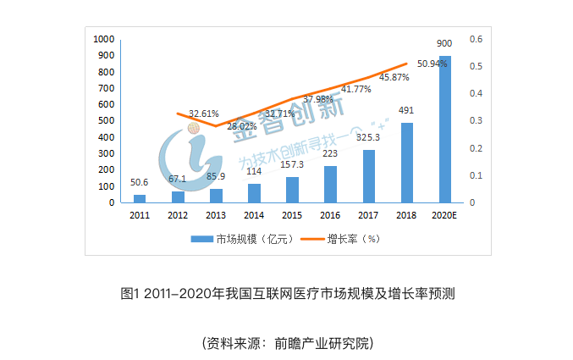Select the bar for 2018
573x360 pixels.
[406, 163]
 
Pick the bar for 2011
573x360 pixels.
[140, 198]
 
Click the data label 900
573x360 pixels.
[444, 43]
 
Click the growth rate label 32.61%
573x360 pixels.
[204, 113]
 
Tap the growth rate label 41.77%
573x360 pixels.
[356, 89]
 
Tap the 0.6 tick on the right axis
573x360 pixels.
[476, 39]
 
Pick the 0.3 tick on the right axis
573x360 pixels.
[476, 121]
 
